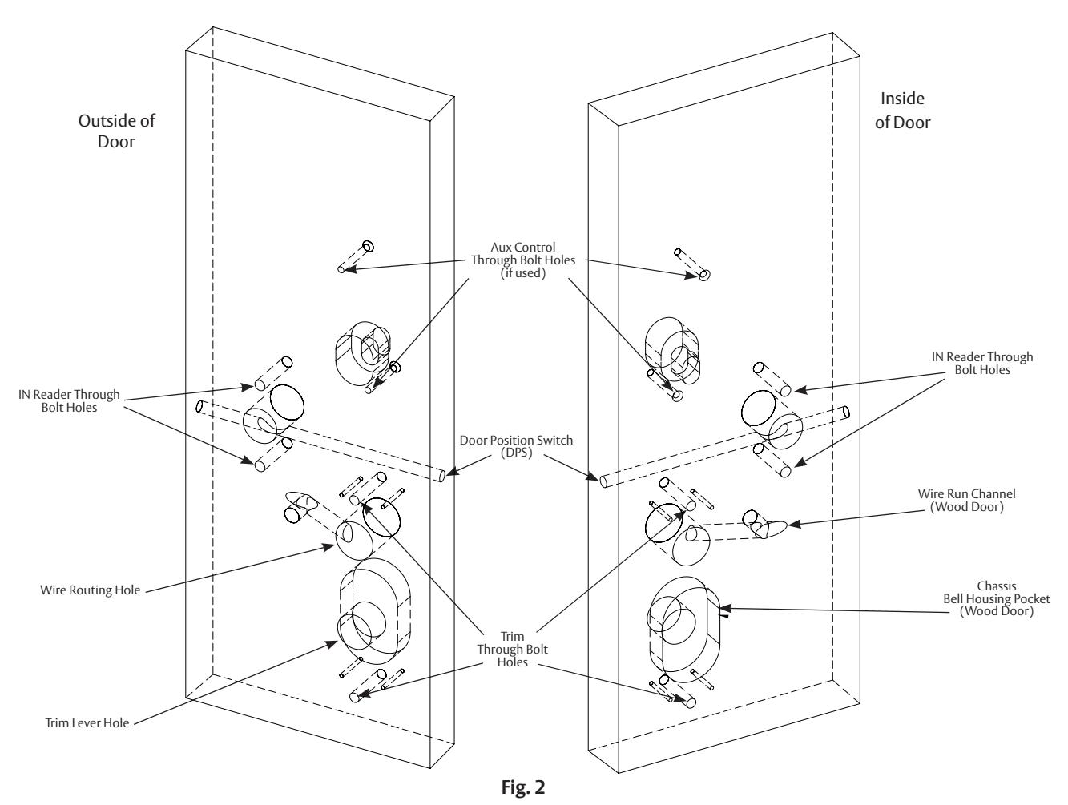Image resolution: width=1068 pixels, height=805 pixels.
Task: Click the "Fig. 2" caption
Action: pos(523,787)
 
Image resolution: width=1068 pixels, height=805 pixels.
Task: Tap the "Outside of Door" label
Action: pos(116,131)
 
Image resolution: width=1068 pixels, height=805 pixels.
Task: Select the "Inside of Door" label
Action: pos(903,110)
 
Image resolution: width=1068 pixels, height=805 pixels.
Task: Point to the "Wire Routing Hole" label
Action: pos(90,590)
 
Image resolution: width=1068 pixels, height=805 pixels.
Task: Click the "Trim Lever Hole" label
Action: pos(87,722)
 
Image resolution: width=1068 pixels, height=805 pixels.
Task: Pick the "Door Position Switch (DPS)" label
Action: pos(516,446)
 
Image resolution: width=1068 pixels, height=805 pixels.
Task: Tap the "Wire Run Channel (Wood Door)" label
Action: pos(967,500)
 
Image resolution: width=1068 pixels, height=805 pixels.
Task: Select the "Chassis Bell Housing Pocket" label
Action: pos(997,599)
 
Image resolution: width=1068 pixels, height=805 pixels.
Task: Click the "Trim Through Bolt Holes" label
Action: pos(512,650)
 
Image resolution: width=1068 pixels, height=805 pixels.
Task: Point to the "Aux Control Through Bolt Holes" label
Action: pos(523,260)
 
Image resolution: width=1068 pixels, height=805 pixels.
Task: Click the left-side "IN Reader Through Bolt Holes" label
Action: pos(69,400)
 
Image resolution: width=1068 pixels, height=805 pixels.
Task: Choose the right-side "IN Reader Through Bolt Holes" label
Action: pos(982,364)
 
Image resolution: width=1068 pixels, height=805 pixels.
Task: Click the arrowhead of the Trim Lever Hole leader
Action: pos(332,645)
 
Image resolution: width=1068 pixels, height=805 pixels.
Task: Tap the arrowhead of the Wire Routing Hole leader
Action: pos(329,547)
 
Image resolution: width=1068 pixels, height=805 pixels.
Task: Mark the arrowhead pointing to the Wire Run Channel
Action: pos(794,524)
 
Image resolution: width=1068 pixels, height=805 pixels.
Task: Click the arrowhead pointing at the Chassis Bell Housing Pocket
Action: pos(725,608)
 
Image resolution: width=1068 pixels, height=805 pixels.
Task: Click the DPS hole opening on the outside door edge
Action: pos(441,475)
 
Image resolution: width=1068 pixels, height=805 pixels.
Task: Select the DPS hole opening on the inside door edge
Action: pos(604,481)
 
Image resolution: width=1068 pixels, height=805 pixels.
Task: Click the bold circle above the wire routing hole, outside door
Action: pos(382,517)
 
